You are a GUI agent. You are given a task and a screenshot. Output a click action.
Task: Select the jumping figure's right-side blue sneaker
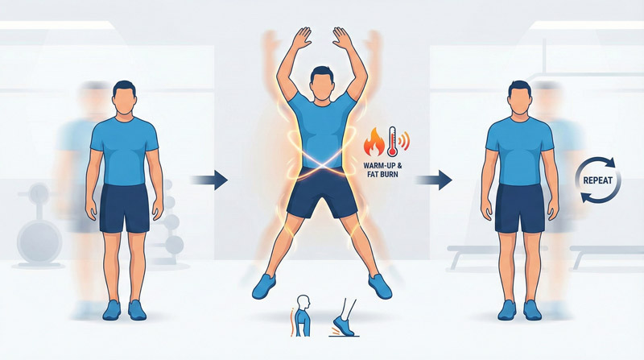tap(379, 283)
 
